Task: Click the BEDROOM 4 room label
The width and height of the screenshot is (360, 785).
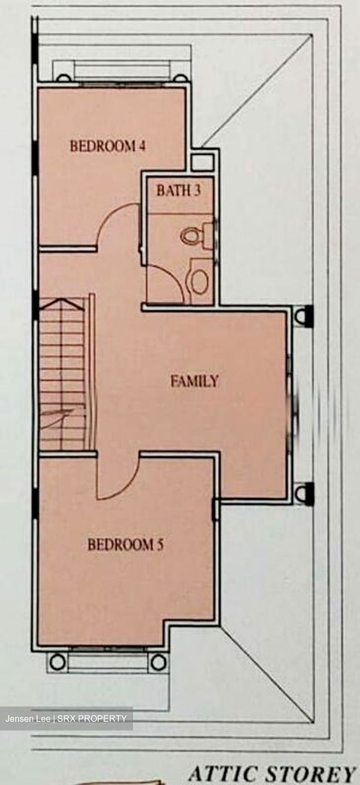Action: tap(107, 146)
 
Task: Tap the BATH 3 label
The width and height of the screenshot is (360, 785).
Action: tap(178, 190)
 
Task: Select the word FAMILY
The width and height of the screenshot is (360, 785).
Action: tap(195, 381)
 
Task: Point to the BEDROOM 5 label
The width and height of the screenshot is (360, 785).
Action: tap(125, 545)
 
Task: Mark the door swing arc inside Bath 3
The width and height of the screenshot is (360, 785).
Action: tap(172, 277)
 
